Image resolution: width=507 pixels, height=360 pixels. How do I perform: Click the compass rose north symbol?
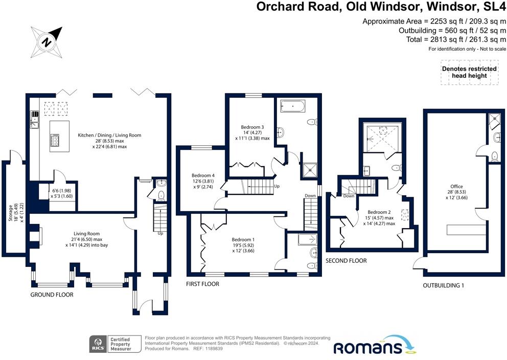pyautogui.click(x=47, y=41)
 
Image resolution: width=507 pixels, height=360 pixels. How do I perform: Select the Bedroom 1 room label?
pyautogui.click(x=243, y=240)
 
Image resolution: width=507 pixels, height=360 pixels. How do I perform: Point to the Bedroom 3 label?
pyautogui.click(x=252, y=127)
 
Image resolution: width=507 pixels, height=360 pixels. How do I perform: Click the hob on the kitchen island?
pyautogui.click(x=55, y=140)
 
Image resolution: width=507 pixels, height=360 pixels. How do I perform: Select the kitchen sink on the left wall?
pyautogui.click(x=34, y=123)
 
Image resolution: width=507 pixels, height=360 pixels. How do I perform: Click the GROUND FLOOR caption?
pyautogui.click(x=52, y=295)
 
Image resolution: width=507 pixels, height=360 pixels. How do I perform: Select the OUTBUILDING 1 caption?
pyautogui.click(x=443, y=285)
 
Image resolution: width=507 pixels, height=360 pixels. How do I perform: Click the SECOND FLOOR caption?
pyautogui.click(x=346, y=261)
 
